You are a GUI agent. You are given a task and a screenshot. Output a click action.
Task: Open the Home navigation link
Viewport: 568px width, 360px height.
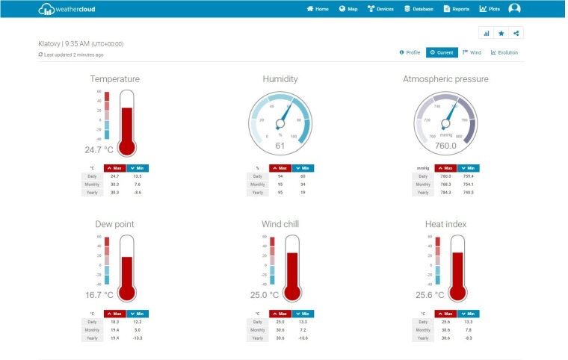[318, 9]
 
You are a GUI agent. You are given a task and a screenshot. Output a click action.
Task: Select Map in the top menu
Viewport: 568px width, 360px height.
[348, 9]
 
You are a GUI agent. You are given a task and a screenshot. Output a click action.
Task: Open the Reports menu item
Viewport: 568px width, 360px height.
[457, 9]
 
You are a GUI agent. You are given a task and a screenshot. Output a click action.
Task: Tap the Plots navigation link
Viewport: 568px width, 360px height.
[490, 9]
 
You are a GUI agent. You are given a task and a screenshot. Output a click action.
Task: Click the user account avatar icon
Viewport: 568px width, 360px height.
[514, 9]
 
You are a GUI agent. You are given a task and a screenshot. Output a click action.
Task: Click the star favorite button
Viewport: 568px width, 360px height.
[501, 33]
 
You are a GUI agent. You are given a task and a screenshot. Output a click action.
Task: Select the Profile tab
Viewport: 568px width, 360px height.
[410, 52]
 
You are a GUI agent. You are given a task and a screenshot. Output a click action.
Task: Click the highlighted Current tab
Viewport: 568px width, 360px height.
[442, 52]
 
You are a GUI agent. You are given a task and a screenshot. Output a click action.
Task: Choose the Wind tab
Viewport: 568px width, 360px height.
[472, 52]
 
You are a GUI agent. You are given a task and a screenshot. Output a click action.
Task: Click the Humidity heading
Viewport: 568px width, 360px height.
[280, 78]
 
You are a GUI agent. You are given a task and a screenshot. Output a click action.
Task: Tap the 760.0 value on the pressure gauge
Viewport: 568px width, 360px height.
[445, 146]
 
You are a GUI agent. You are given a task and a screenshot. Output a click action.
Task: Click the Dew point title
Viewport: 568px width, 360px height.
[114, 223]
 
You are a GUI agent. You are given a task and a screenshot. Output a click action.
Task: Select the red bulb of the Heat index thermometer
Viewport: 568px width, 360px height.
[457, 292]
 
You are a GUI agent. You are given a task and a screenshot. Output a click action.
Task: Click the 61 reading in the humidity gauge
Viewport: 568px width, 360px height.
[280, 146]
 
